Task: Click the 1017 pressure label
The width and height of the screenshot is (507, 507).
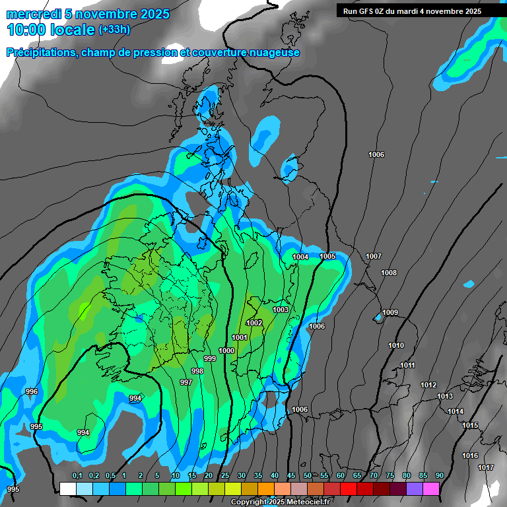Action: (x=486, y=467)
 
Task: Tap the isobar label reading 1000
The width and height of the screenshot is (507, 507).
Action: (x=226, y=351)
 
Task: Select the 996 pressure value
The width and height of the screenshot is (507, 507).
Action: (x=31, y=391)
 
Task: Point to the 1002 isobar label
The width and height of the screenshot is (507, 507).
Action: (x=254, y=323)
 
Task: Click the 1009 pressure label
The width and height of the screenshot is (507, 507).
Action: (x=390, y=312)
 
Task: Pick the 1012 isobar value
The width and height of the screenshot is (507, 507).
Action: (x=428, y=385)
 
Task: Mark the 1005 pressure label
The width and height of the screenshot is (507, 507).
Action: (x=327, y=256)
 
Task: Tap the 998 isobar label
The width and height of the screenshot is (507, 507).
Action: (x=197, y=371)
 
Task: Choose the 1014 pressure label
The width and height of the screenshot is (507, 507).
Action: (x=456, y=411)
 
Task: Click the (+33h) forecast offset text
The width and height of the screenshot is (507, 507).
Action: (x=115, y=29)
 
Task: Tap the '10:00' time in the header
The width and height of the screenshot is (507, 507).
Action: (x=27, y=30)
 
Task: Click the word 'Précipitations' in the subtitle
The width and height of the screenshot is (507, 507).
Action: (x=41, y=52)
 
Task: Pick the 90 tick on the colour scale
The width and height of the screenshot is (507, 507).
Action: (x=439, y=475)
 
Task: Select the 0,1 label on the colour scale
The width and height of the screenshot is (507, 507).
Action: (x=77, y=475)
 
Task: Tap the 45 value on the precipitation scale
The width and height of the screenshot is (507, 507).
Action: (x=291, y=475)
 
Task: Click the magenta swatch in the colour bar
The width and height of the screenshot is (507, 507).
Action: (x=431, y=489)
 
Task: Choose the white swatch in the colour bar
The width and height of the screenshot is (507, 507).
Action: (x=68, y=489)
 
